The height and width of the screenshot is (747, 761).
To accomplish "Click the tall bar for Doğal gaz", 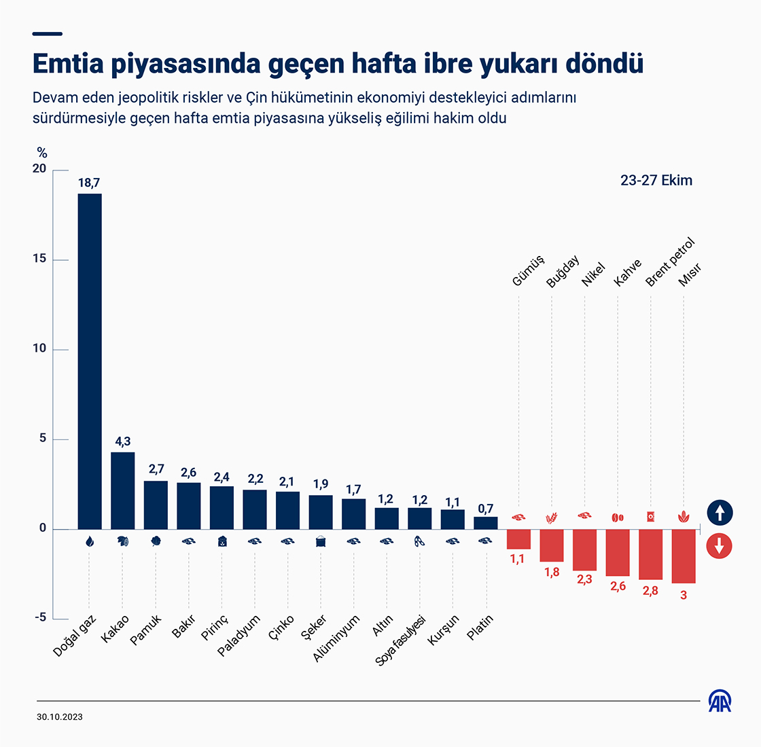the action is (90, 361).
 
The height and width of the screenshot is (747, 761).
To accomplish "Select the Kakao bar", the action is (123, 490).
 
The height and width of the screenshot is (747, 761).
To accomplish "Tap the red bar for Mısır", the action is (684, 556).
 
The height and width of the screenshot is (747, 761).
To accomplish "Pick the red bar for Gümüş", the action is (518, 539).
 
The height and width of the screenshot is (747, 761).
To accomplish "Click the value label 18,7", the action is (89, 183).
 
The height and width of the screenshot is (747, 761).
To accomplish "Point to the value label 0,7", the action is (485, 509).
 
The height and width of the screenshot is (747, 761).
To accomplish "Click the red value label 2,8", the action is (650, 590).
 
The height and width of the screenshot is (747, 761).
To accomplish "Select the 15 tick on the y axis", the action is (40, 259).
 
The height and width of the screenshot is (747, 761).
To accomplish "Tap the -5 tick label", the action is (41, 617).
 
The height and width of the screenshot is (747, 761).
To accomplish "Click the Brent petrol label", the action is (670, 262).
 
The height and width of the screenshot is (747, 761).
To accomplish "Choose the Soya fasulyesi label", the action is (400, 640).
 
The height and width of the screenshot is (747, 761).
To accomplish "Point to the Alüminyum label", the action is (336, 638).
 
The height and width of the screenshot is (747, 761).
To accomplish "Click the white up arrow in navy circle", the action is (720, 513).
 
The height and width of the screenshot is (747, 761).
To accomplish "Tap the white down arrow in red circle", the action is (720, 546).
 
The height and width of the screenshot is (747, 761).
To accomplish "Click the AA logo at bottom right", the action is (720, 702).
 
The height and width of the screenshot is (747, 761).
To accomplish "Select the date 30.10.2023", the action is (60, 717).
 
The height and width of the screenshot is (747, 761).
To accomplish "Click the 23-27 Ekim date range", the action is (656, 181).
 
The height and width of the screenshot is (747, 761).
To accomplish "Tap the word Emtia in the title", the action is (69, 63).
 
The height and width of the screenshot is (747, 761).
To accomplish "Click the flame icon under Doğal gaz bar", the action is (89, 541).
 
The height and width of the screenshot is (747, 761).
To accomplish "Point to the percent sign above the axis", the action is (42, 153).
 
